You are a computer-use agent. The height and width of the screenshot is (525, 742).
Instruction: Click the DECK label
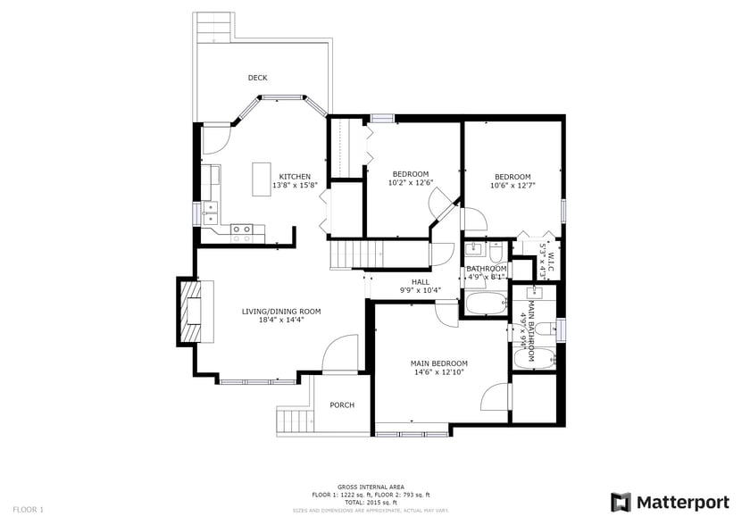click(x=257, y=79)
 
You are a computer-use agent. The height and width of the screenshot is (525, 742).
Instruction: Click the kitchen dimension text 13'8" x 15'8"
click(x=295, y=187)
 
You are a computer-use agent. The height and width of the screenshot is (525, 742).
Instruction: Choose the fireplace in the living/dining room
click(x=191, y=311)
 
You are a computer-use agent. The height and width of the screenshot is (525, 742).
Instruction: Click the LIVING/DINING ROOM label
click(x=281, y=312)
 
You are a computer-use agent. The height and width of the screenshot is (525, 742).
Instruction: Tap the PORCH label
click(x=342, y=405)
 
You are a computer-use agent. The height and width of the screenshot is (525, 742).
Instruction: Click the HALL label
click(x=395, y=282)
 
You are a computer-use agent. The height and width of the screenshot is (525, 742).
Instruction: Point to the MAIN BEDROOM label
click(x=438, y=363)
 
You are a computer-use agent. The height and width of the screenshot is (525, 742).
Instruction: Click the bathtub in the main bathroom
click(x=534, y=358)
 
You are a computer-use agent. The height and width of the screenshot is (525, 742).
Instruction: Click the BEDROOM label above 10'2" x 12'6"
click(x=411, y=174)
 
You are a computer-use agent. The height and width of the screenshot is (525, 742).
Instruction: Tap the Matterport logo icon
click(x=621, y=502)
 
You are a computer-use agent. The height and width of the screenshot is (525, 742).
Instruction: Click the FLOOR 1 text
click(x=29, y=510)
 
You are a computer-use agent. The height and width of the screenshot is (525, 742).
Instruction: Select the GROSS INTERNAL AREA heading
click(x=371, y=487)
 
